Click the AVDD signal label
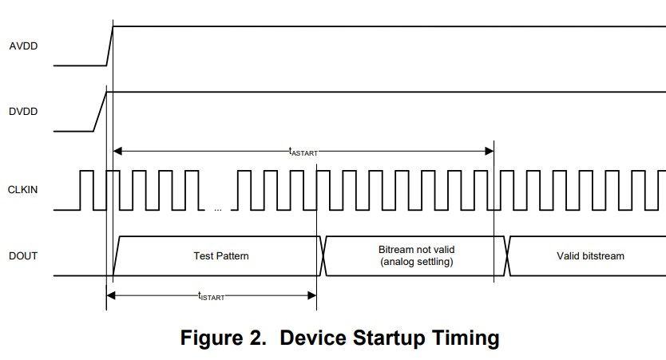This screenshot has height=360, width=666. [x=23, y=46]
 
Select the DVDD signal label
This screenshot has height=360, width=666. [x=23, y=112]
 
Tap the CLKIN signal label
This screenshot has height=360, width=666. [x=23, y=190]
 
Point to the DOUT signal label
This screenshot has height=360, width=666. [x=23, y=256]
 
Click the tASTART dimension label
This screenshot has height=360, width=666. [x=303, y=150]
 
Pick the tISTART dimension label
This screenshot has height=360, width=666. [x=211, y=296]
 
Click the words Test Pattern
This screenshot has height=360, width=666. [x=221, y=256]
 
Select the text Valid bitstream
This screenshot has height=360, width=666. [x=590, y=256]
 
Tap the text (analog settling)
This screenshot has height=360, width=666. [x=416, y=262]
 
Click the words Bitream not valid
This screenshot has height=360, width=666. [x=416, y=250]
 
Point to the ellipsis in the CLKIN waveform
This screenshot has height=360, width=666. [x=218, y=210]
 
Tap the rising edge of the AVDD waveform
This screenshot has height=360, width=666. [x=110, y=46]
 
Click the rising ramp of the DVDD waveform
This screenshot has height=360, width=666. [x=101, y=112]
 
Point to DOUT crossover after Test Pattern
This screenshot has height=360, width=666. [x=322, y=256]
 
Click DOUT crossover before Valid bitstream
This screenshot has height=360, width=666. [x=507, y=256]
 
